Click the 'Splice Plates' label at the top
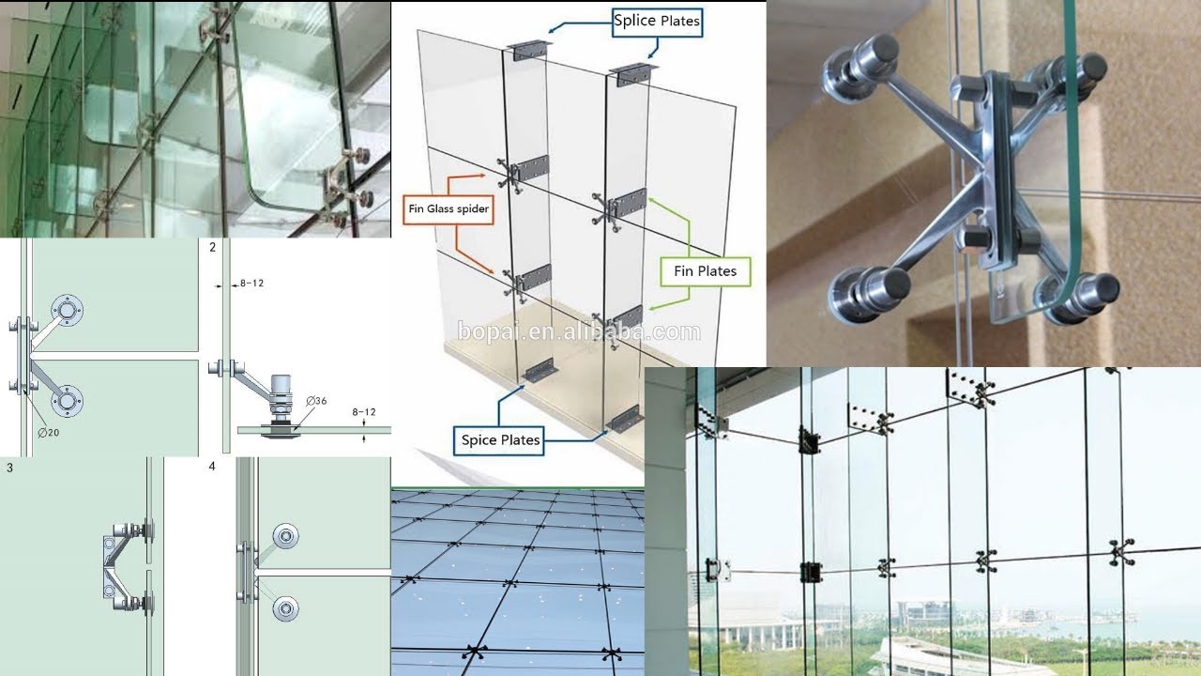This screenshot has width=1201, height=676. coord(656,20)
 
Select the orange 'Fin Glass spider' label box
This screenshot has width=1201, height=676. coord(448,208)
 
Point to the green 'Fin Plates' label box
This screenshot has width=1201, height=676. coord(705,271)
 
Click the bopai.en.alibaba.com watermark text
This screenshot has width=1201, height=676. coord(579,331)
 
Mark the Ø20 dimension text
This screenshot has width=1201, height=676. coord(50,432)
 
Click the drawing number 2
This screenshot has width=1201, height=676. coord(213,248)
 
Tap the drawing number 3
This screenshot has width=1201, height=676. coord(9,466)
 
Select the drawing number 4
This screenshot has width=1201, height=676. coord(213,466)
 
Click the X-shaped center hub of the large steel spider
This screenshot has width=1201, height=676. coord(985,178)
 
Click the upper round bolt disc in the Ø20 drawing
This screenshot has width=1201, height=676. coord(68,309)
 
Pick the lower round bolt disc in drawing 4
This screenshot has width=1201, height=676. coord(285,608)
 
